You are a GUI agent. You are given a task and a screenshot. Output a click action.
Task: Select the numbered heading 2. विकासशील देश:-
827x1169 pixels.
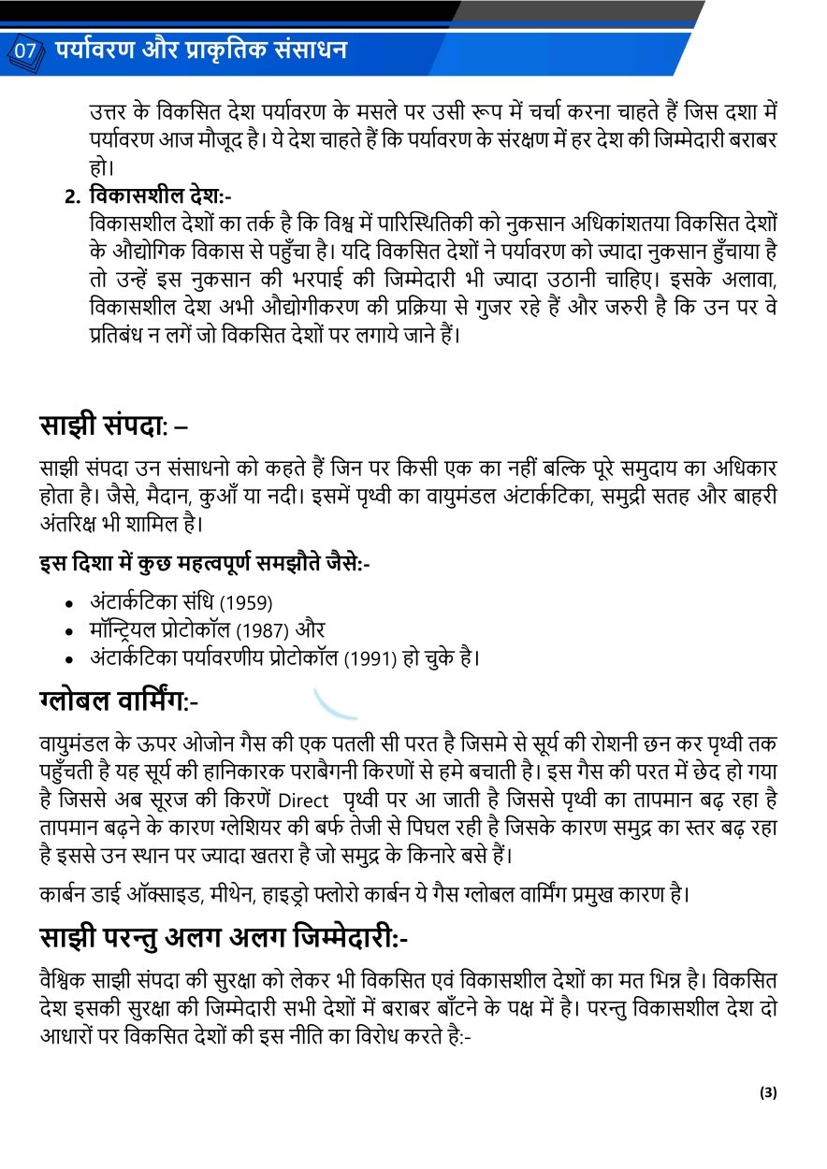(148, 197)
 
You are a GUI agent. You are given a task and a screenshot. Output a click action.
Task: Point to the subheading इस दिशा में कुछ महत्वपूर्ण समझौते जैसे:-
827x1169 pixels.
(204, 564)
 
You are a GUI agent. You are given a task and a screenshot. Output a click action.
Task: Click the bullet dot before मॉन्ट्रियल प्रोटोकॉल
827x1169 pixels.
(70, 632)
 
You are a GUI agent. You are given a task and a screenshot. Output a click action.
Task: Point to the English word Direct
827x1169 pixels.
(304, 801)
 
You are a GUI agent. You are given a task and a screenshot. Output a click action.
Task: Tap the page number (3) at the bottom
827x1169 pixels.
(768, 1092)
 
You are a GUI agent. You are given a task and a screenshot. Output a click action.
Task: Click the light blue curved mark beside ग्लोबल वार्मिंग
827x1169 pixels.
(335, 703)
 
